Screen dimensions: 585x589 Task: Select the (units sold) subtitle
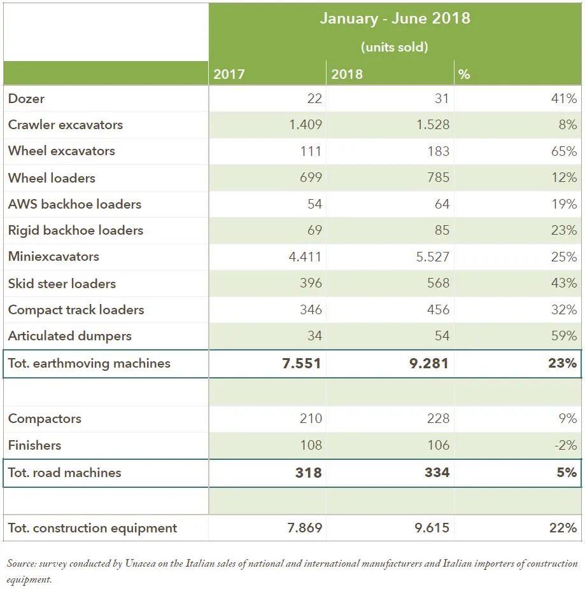pos(395,47)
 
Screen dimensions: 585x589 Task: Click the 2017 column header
pos(229,74)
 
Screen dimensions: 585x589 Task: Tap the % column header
pos(464,74)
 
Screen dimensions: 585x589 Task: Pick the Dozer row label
pos(26,99)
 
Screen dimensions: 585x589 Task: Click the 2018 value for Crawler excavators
pos(433,124)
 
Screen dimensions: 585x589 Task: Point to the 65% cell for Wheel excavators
pos(564,151)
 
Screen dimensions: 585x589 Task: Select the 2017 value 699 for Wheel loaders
pos(311,177)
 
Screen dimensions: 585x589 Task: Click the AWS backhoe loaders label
pos(74,204)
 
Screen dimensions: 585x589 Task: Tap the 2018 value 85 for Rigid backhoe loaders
pos(442,230)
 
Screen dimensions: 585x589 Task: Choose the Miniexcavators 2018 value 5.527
pos(433,257)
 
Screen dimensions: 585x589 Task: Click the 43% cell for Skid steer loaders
pos(564,283)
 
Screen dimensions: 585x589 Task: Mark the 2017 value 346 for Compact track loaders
pos(311,310)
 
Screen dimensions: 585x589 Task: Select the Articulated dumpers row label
pos(69,336)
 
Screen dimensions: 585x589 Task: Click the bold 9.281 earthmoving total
pos(429,363)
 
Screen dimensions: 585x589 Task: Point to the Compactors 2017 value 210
pos(311,418)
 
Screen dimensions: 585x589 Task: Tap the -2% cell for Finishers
pos(566,445)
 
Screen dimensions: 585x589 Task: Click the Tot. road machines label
pos(64,473)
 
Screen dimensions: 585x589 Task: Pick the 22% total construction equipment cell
pos(563,528)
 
